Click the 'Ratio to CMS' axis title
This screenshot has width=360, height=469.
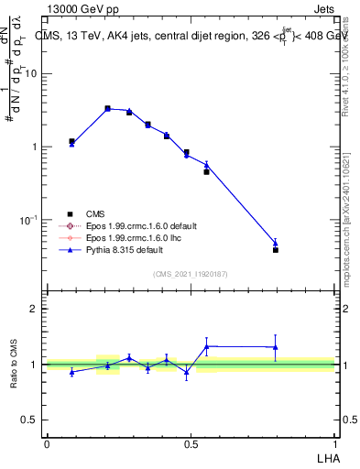(14, 364)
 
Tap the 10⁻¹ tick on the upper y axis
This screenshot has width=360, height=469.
(29, 220)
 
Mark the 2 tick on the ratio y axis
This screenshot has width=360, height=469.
(35, 309)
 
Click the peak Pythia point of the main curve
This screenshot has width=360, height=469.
(107, 108)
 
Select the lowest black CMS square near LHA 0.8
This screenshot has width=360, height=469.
(275, 249)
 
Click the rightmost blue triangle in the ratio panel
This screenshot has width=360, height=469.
(275, 346)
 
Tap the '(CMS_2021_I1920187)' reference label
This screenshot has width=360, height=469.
(190, 274)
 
